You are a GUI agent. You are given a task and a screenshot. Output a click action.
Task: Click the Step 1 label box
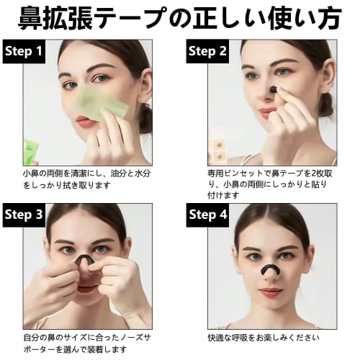pyautogui.click(x=23, y=51)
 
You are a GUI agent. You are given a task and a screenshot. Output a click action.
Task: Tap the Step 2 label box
pyautogui.click(x=207, y=51)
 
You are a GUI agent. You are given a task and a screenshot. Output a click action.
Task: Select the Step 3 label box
pyautogui.click(x=23, y=215)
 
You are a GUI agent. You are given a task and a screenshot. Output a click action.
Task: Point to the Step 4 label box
pyautogui.click(x=207, y=215)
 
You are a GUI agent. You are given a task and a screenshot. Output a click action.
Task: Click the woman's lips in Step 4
pyautogui.click(x=270, y=291)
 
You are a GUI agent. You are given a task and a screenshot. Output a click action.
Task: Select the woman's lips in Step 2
pyautogui.click(x=268, y=113)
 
